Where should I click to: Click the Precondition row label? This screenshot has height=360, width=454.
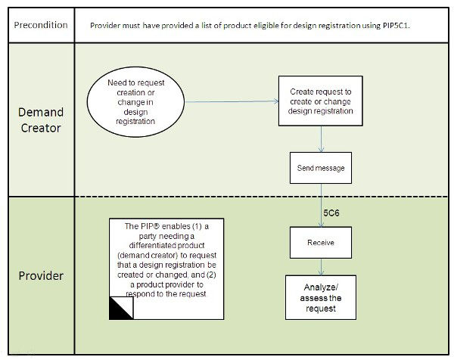40,25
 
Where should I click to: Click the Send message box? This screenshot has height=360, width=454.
321,168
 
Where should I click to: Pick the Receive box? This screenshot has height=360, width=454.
321,243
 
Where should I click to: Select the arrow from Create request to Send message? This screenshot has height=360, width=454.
322,140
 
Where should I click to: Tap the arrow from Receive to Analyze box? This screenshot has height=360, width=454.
322,266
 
